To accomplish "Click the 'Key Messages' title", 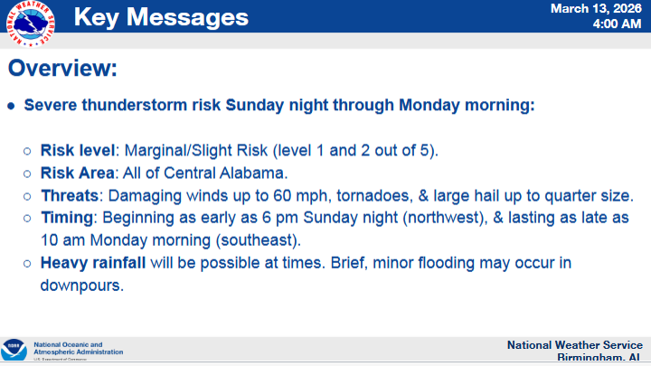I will click(160, 16).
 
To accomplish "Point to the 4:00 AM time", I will click(617, 23).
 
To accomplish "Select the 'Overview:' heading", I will click(62, 69).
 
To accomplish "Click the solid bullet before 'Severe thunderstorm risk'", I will click(12, 106).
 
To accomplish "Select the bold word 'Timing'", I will click(69, 218).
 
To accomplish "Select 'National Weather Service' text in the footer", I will click(574, 345).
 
